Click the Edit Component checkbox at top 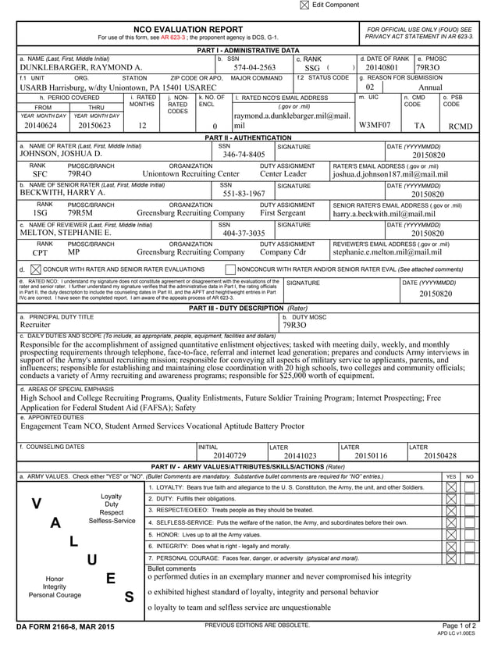(x=305, y=5)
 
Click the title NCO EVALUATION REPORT (x=187, y=29)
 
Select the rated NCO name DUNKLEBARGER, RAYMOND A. (x=80, y=68)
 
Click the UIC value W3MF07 (x=374, y=125)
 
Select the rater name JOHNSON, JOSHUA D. (x=61, y=155)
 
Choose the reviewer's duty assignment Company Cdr (x=283, y=252)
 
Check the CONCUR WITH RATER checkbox (x=35, y=269)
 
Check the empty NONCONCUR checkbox (x=230, y=269)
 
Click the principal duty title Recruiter (x=35, y=324)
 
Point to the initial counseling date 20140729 (x=229, y=455)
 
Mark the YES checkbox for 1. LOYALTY (x=451, y=487)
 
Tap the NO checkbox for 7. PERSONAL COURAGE (x=469, y=558)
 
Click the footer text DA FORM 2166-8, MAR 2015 (x=66, y=627)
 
